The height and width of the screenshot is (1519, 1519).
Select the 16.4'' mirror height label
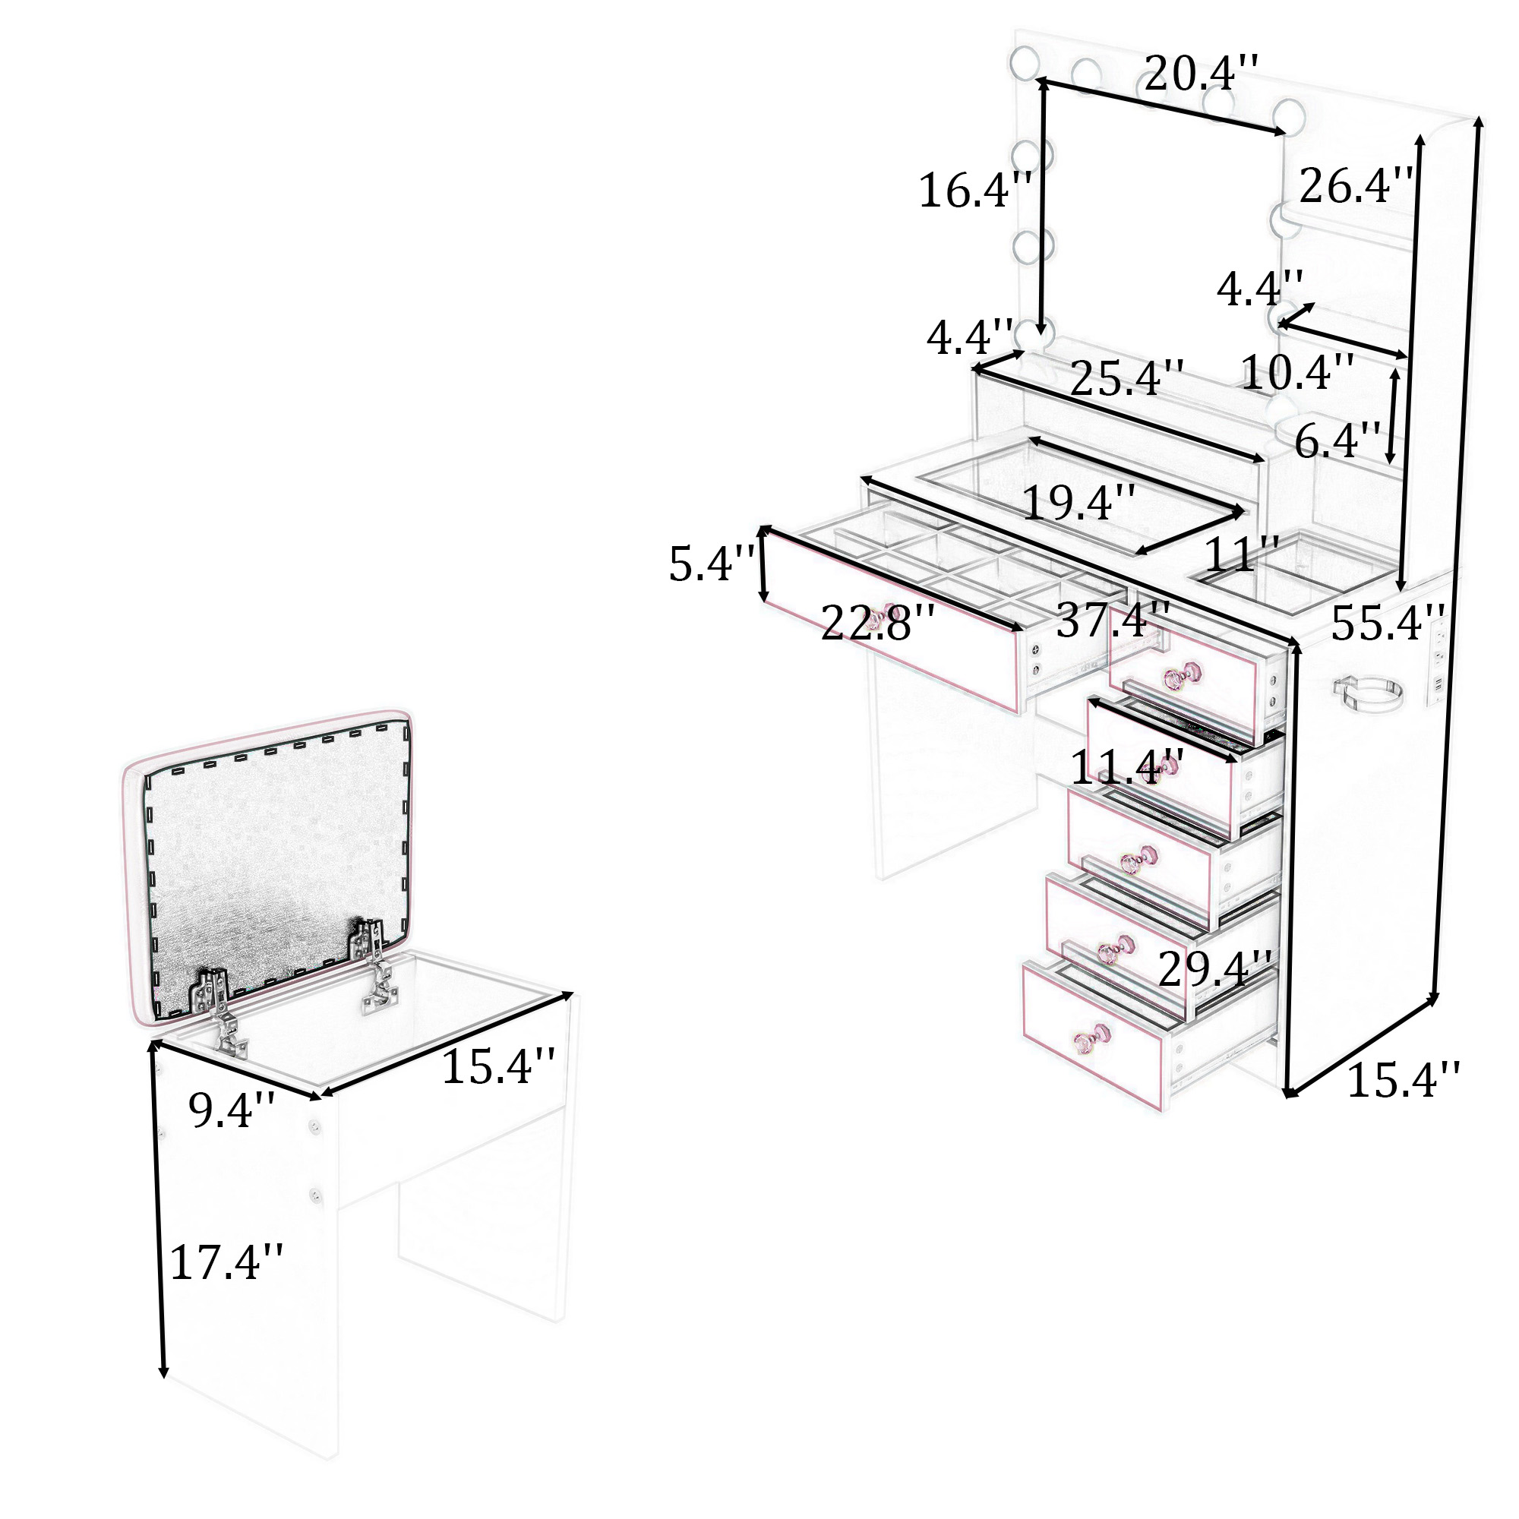click(x=975, y=191)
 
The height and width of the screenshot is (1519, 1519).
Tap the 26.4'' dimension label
click(x=1355, y=186)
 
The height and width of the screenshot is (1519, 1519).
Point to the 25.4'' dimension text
click(x=1126, y=379)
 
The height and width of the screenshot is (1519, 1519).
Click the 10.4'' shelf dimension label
click(x=1297, y=372)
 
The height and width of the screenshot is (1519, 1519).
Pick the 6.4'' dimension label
click(x=1337, y=441)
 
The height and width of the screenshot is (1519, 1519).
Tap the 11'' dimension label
click(x=1242, y=555)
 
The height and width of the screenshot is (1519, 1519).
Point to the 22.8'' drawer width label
click(x=877, y=624)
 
